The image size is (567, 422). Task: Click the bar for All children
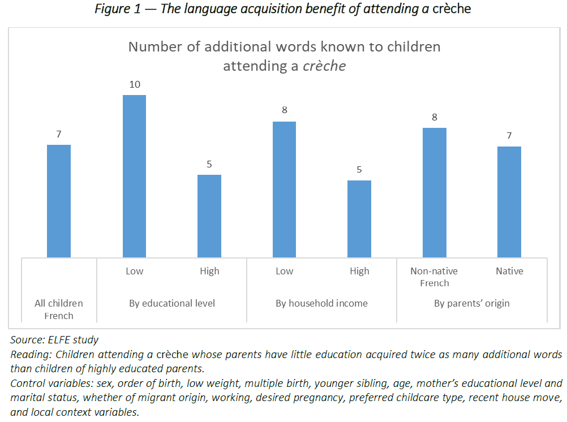[x=59, y=201]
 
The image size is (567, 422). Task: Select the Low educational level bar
[x=134, y=176]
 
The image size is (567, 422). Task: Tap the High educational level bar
[x=209, y=216]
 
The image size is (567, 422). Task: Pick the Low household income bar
[x=284, y=190]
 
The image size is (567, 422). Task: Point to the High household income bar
[x=359, y=219]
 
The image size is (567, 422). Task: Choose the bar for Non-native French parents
[x=435, y=192]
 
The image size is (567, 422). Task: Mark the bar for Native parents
[x=509, y=202]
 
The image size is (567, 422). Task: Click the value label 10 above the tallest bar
[x=134, y=85]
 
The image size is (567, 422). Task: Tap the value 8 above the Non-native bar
[x=435, y=118]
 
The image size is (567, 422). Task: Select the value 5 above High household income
[x=359, y=170]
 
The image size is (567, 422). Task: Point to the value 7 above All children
[x=59, y=135]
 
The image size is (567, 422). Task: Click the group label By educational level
[x=172, y=303]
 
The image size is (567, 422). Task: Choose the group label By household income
[x=321, y=303]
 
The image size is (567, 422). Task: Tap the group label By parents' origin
[x=472, y=303]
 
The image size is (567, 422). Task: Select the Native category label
[x=509, y=271]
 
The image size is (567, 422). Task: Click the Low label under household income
[x=284, y=271]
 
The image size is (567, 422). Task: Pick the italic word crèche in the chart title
[x=324, y=66]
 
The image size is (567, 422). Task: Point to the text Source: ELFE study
[x=54, y=340]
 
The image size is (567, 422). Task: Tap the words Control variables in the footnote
[x=47, y=383]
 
